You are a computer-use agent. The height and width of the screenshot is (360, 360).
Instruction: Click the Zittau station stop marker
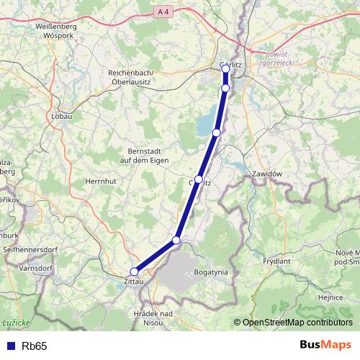(x=134, y=271)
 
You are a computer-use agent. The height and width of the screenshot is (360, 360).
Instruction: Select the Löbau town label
(x=63, y=114)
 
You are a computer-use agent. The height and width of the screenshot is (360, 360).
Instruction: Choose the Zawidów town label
(x=270, y=174)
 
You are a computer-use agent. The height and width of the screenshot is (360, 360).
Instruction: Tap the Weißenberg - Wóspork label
(x=45, y=30)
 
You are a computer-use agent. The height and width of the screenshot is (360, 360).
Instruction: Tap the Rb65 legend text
(x=35, y=346)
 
